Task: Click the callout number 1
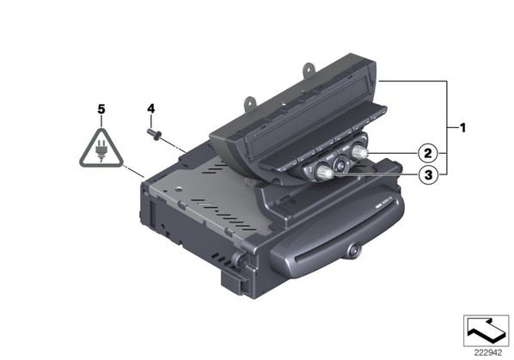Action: (462, 127)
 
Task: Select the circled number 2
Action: (428, 153)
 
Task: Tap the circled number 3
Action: (428, 175)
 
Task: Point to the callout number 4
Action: (150, 108)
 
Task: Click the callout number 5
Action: (101, 109)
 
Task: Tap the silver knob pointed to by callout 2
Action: (360, 152)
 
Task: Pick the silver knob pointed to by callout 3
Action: (323, 172)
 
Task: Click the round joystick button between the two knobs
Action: (341, 162)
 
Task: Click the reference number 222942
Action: (487, 353)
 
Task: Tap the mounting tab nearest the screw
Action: (249, 102)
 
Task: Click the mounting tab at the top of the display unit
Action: (309, 70)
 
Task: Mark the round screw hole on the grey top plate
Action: (179, 189)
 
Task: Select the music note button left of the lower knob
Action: (309, 169)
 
